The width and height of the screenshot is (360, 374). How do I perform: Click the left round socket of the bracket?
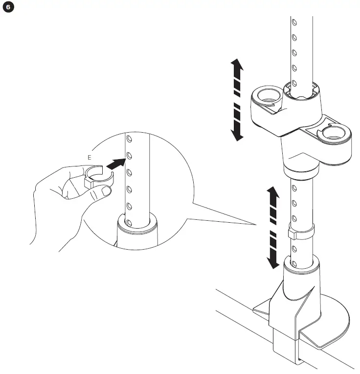pyautogui.click(x=268, y=95)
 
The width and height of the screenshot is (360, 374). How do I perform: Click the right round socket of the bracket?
pyautogui.click(x=334, y=134)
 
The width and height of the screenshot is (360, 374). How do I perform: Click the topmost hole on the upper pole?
pyautogui.click(x=293, y=22)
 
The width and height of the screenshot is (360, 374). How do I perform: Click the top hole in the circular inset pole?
pyautogui.click(x=129, y=140)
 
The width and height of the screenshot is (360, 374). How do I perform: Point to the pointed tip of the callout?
pyautogui.click(x=257, y=225)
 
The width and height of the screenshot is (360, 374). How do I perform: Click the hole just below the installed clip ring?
pyautogui.click(x=294, y=249)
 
